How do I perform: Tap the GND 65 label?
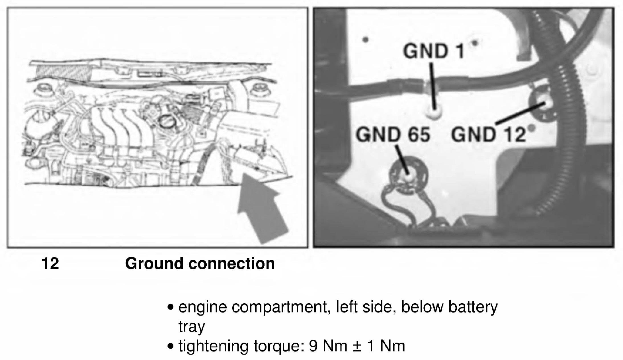coord(393,134)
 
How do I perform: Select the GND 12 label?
coord(488,134)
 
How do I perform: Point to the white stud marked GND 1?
coord(434,113)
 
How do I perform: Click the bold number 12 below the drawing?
coord(50,263)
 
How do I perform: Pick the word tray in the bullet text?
coord(192,327)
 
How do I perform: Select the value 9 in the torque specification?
coord(313,346)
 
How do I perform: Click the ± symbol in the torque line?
coord(357,346)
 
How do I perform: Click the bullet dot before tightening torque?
coord(171,347)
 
